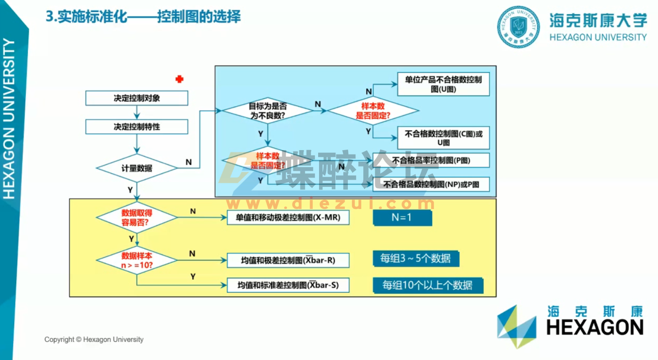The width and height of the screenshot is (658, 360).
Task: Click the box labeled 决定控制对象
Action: tap(136, 98)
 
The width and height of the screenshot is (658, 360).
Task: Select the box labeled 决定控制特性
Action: tap(136, 127)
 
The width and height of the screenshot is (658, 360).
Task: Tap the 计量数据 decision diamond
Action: tap(136, 168)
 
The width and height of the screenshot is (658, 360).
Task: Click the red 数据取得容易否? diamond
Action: tap(136, 217)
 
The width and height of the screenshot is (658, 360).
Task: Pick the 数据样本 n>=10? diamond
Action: tap(136, 260)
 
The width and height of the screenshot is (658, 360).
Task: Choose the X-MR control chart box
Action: tap(288, 217)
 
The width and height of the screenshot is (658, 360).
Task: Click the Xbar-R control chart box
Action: tap(288, 260)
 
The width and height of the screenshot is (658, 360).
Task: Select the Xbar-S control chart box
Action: tap(288, 285)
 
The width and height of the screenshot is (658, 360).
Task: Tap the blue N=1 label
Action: tap(402, 217)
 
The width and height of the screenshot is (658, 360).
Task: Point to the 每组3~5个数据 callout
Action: tap(416, 259)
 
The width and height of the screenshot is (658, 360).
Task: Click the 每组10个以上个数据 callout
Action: tap(428, 286)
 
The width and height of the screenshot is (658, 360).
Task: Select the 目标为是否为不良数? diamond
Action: tap(267, 111)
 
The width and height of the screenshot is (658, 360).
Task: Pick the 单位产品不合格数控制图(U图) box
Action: tap(443, 84)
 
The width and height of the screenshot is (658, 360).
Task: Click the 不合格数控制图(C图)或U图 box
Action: tap(443, 138)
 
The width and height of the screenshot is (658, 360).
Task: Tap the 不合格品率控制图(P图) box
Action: tap(431, 160)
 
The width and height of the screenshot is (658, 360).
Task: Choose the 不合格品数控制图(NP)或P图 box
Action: tap(431, 184)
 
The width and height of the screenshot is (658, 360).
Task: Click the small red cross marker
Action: tap(179, 79)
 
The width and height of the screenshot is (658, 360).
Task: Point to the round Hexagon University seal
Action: tap(518, 27)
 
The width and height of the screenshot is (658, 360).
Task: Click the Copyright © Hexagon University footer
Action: tap(94, 340)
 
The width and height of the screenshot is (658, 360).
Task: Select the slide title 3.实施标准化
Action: tap(143, 17)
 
